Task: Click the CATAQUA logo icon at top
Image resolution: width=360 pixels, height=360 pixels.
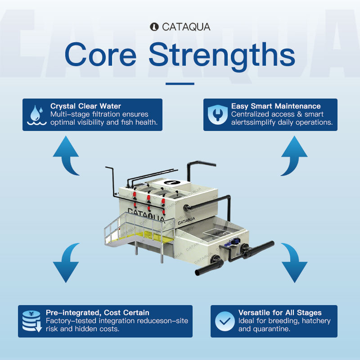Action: coord(154,27)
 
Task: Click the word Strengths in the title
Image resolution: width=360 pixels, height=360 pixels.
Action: coord(222,55)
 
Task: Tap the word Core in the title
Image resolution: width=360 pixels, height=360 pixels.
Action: coord(100,54)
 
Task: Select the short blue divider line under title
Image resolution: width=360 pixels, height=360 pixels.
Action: coord(180,84)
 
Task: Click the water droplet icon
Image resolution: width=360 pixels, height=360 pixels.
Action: coord(37,115)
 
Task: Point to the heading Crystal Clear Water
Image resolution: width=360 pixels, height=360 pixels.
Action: coord(85,106)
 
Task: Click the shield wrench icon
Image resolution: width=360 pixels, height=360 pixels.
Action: coord(217,115)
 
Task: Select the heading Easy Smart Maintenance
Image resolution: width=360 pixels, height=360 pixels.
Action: coord(276,106)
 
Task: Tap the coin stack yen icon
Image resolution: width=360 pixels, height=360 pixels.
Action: coord(32,321)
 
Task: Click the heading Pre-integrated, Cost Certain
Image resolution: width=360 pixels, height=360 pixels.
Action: coord(98,312)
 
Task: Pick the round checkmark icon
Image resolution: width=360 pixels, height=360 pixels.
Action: coord(225,321)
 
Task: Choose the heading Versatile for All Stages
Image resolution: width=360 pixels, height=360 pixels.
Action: coord(280,312)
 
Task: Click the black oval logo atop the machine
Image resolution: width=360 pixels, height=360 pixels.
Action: coord(172,183)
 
